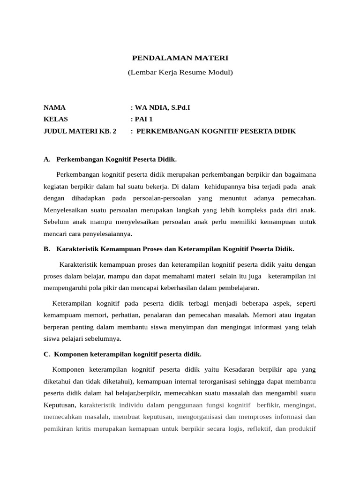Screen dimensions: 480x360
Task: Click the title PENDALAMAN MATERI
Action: [180, 59]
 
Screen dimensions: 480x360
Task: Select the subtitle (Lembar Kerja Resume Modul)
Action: [180, 73]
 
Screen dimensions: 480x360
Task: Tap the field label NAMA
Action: [55, 108]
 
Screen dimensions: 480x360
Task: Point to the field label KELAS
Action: [56, 120]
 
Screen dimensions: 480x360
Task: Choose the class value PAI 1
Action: [143, 120]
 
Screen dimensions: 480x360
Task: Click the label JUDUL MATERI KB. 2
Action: [79, 131]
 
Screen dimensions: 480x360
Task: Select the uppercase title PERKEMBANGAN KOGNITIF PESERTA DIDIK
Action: [216, 131]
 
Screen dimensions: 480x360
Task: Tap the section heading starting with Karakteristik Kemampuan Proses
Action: [175, 248]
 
